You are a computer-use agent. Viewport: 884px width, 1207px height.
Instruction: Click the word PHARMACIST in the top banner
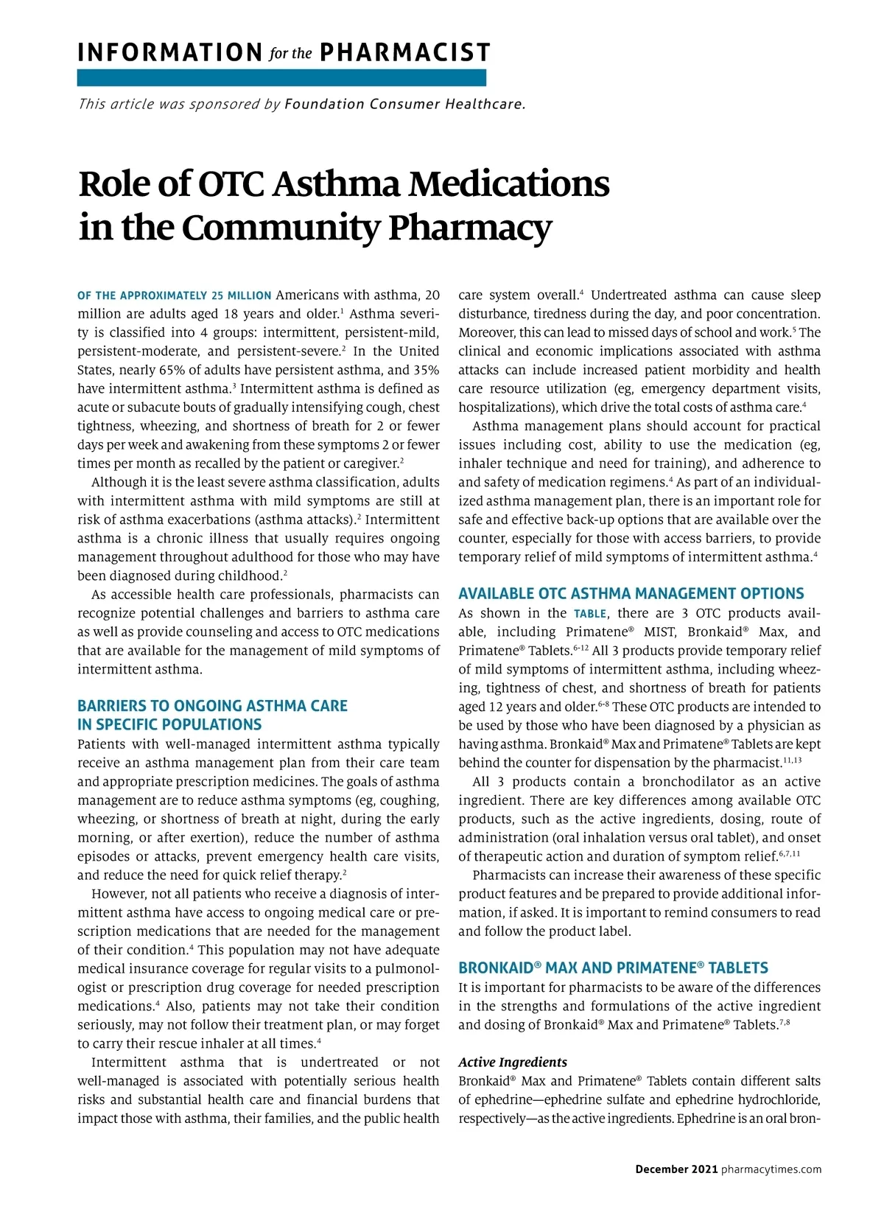[x=405, y=53]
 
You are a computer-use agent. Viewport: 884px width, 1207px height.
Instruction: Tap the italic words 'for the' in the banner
[x=291, y=54]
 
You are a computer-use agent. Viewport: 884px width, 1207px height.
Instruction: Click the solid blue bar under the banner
[x=281, y=77]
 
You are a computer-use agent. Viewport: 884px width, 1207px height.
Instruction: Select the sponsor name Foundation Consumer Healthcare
[x=404, y=104]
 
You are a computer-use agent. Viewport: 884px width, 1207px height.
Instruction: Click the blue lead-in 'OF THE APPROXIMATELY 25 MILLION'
[x=175, y=296]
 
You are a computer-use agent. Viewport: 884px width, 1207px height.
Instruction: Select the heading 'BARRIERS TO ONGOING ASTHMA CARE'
[x=212, y=706]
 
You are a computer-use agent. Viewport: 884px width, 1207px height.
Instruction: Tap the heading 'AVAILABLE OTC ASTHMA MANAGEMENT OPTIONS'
[x=631, y=594]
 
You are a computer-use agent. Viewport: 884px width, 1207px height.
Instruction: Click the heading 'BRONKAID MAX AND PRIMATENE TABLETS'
[x=613, y=968]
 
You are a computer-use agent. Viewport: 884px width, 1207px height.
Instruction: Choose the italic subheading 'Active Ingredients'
[x=513, y=1062]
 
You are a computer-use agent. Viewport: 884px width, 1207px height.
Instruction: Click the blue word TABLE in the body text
[x=590, y=614]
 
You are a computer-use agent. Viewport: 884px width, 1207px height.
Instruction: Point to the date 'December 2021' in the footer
[x=676, y=1169]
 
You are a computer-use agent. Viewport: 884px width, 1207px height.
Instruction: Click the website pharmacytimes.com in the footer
[x=771, y=1169]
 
